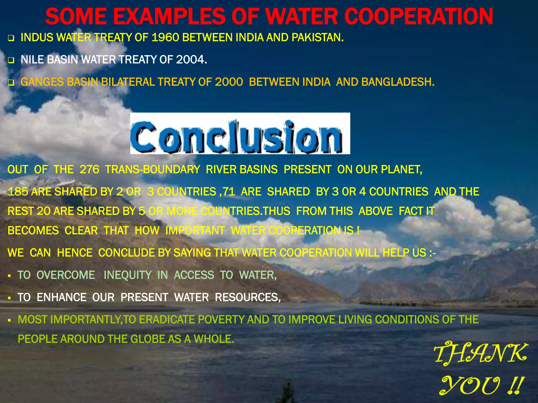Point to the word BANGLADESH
[x=397, y=82]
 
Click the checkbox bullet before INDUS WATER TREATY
[x=11, y=39]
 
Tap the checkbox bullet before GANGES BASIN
[x=11, y=83]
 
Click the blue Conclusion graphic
[x=240, y=134]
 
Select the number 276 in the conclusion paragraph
[x=89, y=170]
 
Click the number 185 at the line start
[x=18, y=192]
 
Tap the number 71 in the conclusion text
[x=229, y=192]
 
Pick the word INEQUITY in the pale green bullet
[x=127, y=275]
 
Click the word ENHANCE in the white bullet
[x=61, y=298]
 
